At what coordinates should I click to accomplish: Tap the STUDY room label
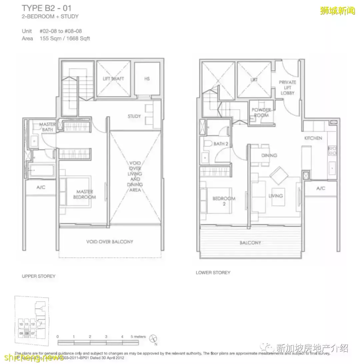pos(134,117)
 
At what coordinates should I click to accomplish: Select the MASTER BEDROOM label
pos(84,194)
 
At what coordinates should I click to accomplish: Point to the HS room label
pos(147,79)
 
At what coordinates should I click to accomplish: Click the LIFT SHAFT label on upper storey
pos(113,79)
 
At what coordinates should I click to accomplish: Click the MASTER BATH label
pos(47,127)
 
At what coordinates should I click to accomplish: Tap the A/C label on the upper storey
pos(40,187)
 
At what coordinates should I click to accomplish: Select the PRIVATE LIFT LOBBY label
pos(287,88)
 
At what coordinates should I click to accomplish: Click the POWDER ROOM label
pos(261,113)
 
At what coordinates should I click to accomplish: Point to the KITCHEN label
pos(313,138)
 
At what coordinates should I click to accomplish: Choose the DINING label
pos(269,156)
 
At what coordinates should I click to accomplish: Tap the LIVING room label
pos(275,196)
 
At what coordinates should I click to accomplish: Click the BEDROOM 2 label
pos(224,201)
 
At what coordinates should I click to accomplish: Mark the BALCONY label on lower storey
pos(250,243)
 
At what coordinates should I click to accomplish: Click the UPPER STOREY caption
pos(39,276)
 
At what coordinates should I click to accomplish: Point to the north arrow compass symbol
pos(153,338)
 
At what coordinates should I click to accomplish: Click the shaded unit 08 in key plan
pos(27,333)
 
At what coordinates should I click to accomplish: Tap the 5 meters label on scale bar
pos(138,337)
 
